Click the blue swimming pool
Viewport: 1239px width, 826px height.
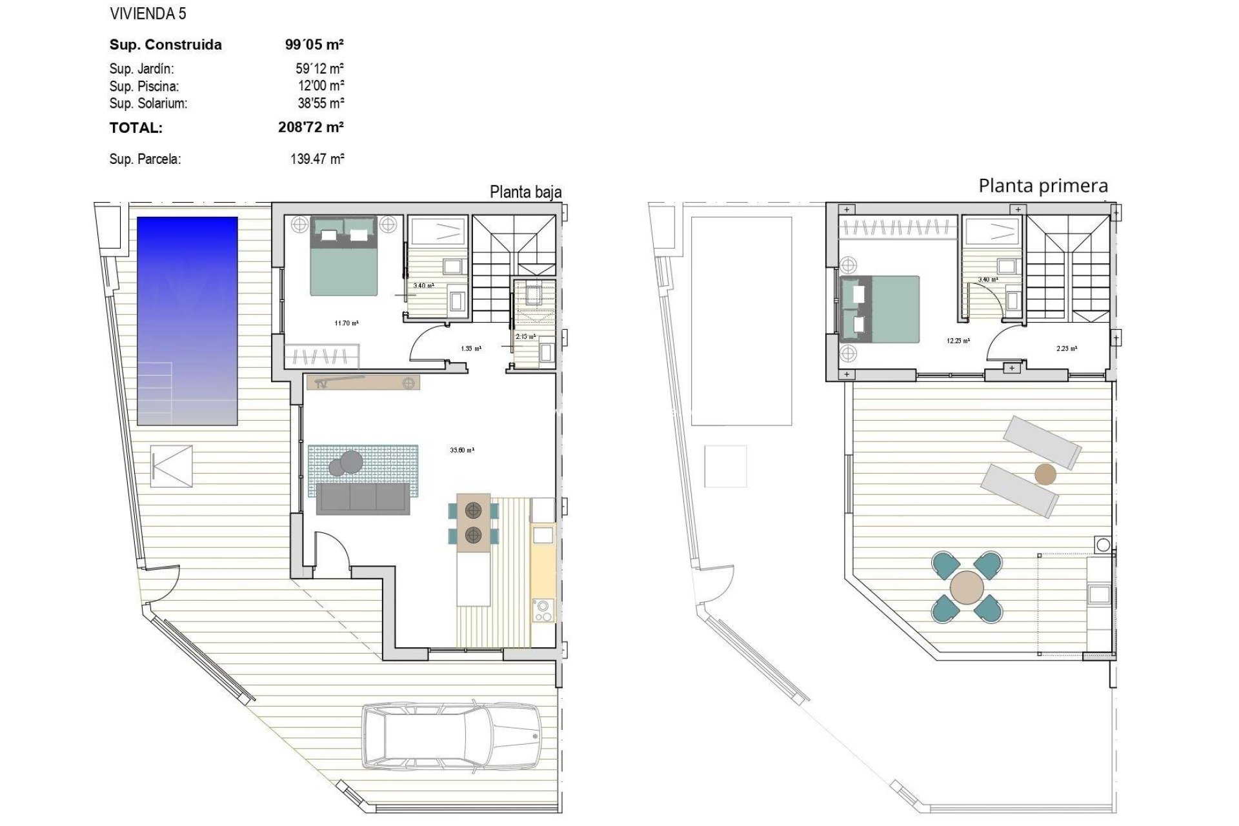pyautogui.click(x=187, y=321)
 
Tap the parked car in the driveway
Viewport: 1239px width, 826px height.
pyautogui.click(x=451, y=736)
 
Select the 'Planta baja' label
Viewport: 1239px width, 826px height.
pyautogui.click(x=525, y=192)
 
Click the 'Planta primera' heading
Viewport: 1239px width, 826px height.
pyautogui.click(x=1043, y=186)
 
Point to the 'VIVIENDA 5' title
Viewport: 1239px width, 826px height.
pyautogui.click(x=148, y=14)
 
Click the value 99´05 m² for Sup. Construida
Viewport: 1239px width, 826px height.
pyautogui.click(x=314, y=45)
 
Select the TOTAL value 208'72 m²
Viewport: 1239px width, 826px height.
pyautogui.click(x=310, y=127)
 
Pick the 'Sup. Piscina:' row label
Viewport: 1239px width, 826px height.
pyautogui.click(x=144, y=86)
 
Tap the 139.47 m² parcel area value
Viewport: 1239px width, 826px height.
pyautogui.click(x=317, y=159)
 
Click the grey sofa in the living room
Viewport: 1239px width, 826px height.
pyautogui.click(x=363, y=498)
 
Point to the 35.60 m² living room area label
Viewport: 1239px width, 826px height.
pyautogui.click(x=461, y=450)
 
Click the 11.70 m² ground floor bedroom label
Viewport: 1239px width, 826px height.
pyautogui.click(x=346, y=323)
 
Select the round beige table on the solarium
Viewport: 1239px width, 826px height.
pyautogui.click(x=967, y=587)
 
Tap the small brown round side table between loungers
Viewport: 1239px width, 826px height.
pyautogui.click(x=1045, y=474)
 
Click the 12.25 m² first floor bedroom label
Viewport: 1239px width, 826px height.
pyautogui.click(x=958, y=341)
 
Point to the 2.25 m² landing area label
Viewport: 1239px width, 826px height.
pyautogui.click(x=1066, y=348)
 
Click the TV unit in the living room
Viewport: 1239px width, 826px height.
pyautogui.click(x=363, y=383)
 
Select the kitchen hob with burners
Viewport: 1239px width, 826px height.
pyautogui.click(x=543, y=610)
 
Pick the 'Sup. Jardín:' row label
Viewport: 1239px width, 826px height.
pyautogui.click(x=141, y=68)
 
